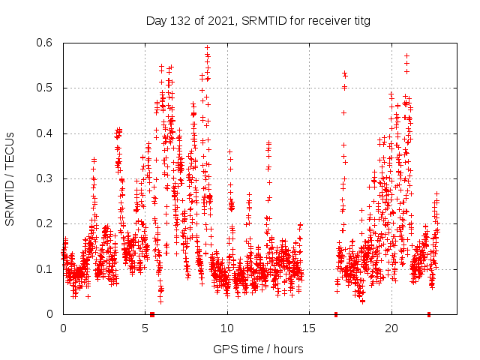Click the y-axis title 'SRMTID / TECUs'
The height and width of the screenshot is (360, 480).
[x=10, y=178]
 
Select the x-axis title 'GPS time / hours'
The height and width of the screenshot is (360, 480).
[x=258, y=349]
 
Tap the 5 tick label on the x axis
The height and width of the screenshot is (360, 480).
[x=145, y=328]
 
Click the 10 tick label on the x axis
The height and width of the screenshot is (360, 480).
[x=227, y=328]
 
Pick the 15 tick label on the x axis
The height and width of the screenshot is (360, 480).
[x=310, y=328]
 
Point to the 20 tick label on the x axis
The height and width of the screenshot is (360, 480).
[x=391, y=328]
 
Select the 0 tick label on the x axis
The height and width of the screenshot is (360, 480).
[x=63, y=328]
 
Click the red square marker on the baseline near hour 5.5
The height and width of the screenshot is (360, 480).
[x=152, y=314]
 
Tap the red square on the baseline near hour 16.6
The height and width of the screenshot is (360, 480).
[x=336, y=314]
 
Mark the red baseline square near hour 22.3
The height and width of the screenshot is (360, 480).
[x=429, y=314]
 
